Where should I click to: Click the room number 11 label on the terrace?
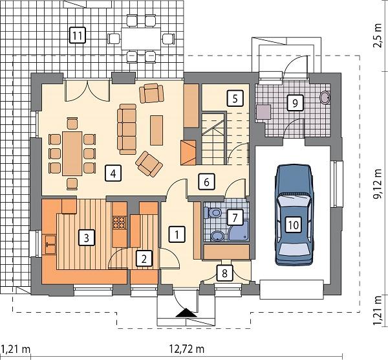pos(77,35)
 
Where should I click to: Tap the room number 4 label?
pos(113,173)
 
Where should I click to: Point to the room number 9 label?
pos(293,102)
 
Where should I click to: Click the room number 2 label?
pos(145,258)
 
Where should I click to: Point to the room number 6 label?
pos(206,181)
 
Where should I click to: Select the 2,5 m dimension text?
pos(378,41)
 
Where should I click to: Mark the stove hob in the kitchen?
pos(118,222)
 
